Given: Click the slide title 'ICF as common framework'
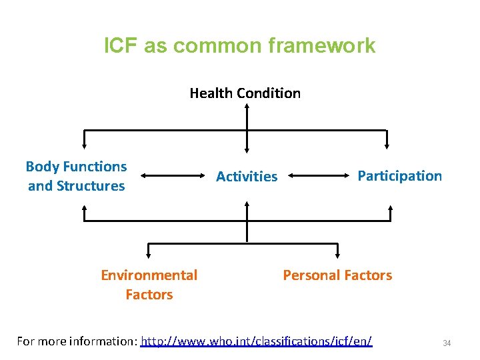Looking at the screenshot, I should [x=240, y=46].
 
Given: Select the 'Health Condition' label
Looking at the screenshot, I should [x=245, y=93].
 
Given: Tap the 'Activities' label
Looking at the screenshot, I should [x=247, y=177].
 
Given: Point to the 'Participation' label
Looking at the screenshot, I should [x=399, y=176].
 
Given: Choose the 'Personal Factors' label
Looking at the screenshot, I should [x=337, y=275].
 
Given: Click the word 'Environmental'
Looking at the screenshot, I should [x=149, y=275].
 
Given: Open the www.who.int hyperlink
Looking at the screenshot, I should [x=257, y=341].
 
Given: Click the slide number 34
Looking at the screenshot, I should [x=447, y=343].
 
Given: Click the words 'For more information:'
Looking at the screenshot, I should [x=77, y=341].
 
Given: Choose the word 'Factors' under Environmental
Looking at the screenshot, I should [x=149, y=295].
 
